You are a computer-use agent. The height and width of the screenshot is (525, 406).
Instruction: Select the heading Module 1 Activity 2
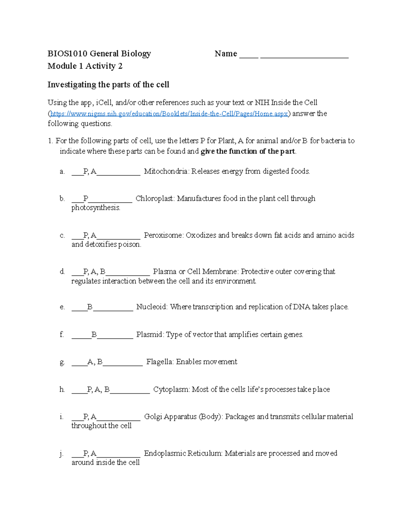click(x=85, y=66)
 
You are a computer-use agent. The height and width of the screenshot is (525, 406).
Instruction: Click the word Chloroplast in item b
click(x=155, y=198)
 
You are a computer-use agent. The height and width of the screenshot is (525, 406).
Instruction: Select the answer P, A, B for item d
click(x=94, y=272)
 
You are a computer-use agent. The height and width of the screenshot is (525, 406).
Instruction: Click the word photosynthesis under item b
click(x=96, y=208)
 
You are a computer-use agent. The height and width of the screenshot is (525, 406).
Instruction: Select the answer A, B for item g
click(x=95, y=362)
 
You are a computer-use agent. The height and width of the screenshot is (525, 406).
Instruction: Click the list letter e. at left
click(x=62, y=307)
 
